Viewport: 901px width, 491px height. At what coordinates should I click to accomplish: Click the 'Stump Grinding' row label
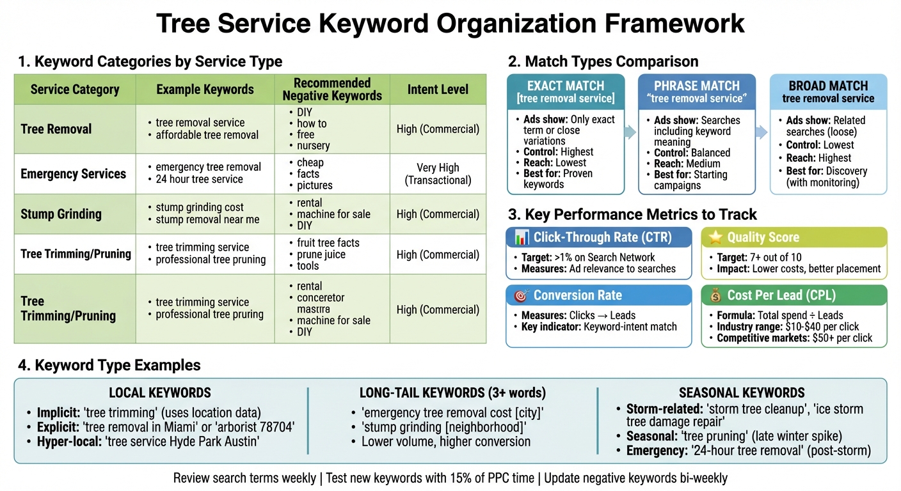point(61,214)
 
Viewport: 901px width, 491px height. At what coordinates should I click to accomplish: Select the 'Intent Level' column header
point(438,90)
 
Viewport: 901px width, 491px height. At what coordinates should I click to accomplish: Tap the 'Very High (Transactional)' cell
point(438,174)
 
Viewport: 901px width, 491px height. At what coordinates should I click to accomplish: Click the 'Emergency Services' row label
point(73,174)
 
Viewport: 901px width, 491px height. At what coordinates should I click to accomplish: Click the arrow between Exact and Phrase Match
point(631,132)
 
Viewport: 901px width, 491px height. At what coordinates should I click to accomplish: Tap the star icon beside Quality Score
point(715,237)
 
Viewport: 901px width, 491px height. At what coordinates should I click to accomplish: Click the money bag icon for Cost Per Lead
point(715,295)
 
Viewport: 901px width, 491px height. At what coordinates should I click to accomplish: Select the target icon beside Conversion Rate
point(520,295)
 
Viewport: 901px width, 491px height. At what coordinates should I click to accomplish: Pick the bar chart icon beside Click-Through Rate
point(521,237)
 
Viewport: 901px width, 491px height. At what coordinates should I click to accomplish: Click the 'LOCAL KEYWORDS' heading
point(160,393)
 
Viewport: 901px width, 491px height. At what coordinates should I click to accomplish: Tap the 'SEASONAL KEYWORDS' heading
point(742,393)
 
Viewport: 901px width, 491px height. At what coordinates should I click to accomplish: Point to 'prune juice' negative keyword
point(321,254)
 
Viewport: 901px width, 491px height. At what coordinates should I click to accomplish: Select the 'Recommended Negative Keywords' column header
point(332,90)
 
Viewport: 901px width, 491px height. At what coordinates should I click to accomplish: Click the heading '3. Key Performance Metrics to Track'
point(632,214)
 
